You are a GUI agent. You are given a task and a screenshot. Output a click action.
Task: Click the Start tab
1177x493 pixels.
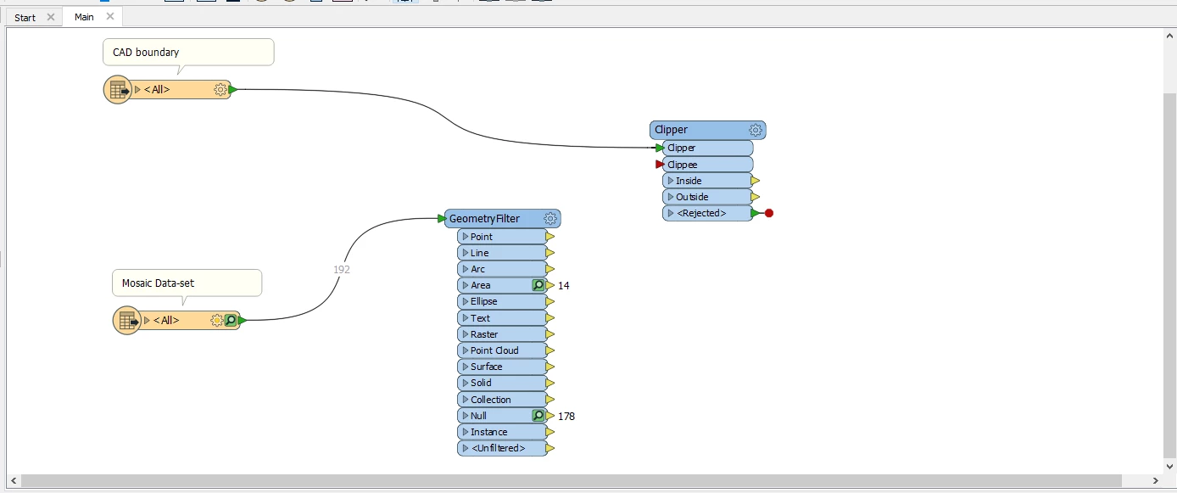coord(25,17)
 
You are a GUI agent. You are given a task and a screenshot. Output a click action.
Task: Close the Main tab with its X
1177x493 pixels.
coord(109,16)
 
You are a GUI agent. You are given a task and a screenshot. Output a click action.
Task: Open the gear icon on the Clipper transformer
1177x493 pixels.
coord(756,130)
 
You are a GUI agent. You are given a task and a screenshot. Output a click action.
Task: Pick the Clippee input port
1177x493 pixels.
coord(706,165)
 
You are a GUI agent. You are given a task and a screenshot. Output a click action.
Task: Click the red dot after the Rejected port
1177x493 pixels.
coord(769,213)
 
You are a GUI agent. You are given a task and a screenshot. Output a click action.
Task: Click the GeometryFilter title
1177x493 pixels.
coord(484,219)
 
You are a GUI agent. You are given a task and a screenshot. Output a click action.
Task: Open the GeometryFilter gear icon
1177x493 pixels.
coord(550,219)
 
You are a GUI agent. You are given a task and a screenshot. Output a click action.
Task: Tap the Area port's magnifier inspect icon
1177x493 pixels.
coord(538,285)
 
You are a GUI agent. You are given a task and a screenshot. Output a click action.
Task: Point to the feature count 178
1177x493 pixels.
coord(566,416)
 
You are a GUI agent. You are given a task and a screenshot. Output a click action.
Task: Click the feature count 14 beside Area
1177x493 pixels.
coord(564,286)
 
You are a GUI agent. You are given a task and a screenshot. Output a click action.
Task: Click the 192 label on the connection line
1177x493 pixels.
coord(342,270)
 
